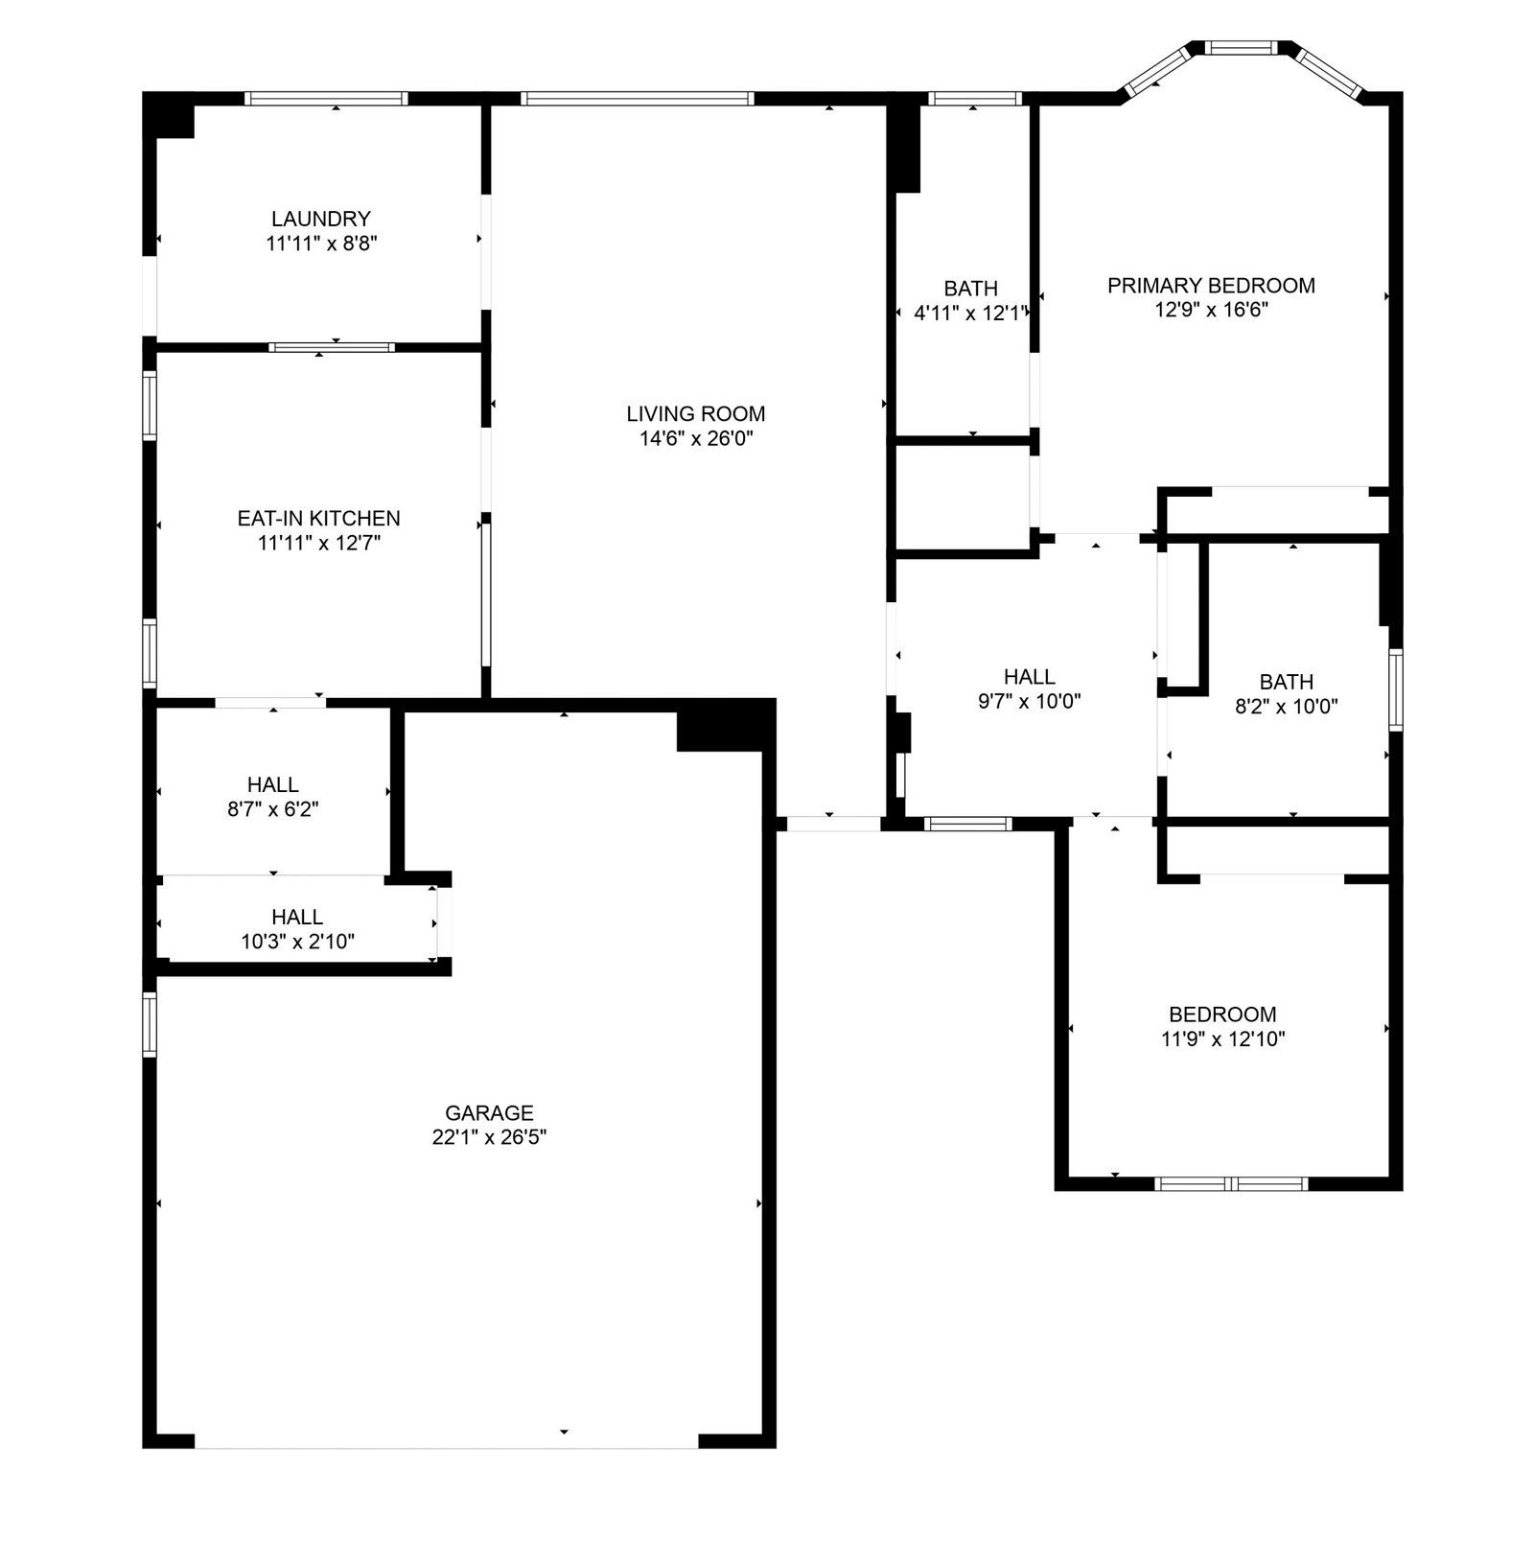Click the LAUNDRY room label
point(320,219)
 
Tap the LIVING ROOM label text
point(695,414)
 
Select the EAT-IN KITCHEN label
point(318,519)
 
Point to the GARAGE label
point(489,1113)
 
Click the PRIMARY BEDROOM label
point(1211,286)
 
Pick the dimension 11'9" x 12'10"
point(1222,1039)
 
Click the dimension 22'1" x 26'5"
point(489,1138)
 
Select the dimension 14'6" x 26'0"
point(696,439)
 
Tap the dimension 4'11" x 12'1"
point(971,313)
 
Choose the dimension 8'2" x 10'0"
point(1287,707)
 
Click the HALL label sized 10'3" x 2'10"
point(297,918)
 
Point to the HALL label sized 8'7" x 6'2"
point(273,785)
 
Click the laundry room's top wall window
point(326,98)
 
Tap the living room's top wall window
point(638,98)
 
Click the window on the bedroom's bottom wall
point(1232,1184)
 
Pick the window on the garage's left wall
point(150,1025)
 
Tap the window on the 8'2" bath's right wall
point(1396,690)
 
